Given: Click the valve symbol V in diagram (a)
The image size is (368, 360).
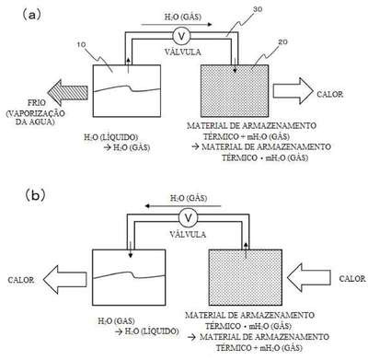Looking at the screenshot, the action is [182, 36].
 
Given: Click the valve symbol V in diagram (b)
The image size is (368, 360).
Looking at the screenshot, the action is [189, 217].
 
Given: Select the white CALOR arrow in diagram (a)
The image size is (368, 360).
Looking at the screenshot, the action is [293, 91].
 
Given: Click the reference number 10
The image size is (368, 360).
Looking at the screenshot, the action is [81, 45].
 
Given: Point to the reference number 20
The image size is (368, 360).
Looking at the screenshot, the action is [282, 42].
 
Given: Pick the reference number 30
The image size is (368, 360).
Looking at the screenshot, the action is [258, 9].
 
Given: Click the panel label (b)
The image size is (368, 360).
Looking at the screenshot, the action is [35, 195].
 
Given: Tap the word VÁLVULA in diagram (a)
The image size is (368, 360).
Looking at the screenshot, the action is [183, 52].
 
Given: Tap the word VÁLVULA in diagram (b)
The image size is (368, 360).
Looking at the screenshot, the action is [188, 234].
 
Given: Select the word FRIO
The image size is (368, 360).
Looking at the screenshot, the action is [37, 102].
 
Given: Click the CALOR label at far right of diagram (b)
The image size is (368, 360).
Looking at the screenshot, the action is [352, 278].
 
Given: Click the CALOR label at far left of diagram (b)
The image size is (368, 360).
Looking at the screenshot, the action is [21, 280].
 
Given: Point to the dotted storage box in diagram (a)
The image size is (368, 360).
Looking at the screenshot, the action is [235, 91].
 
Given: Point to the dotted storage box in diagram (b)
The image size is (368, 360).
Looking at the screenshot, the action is [245, 277].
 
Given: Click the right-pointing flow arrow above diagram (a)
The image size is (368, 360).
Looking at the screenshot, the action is [177, 25].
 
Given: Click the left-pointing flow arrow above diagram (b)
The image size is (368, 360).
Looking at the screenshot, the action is [183, 206].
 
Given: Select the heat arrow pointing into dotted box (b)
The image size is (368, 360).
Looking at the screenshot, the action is [308, 277].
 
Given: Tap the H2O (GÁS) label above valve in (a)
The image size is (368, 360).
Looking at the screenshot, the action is [183, 17].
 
